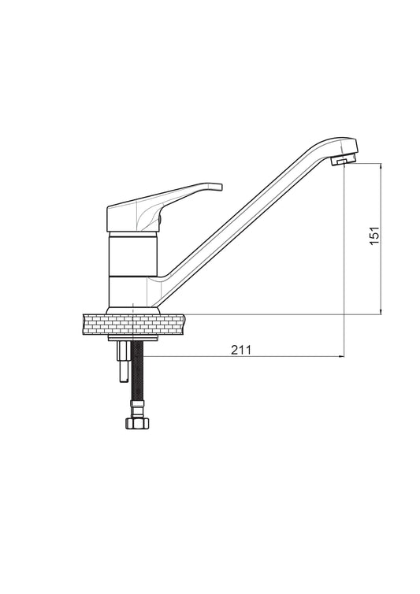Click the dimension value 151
374,236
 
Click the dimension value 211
241,350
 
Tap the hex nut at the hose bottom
137,423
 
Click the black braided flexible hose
136,371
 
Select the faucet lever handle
163,208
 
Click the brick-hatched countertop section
135,325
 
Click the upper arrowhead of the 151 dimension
381,166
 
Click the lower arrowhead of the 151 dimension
381,310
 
